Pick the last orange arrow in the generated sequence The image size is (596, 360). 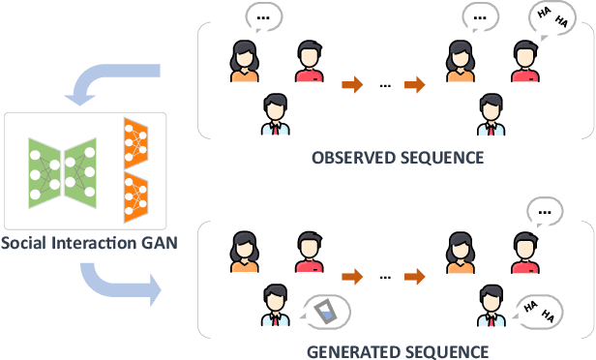click(414, 277)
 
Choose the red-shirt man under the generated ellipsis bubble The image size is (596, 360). click(523, 253)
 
